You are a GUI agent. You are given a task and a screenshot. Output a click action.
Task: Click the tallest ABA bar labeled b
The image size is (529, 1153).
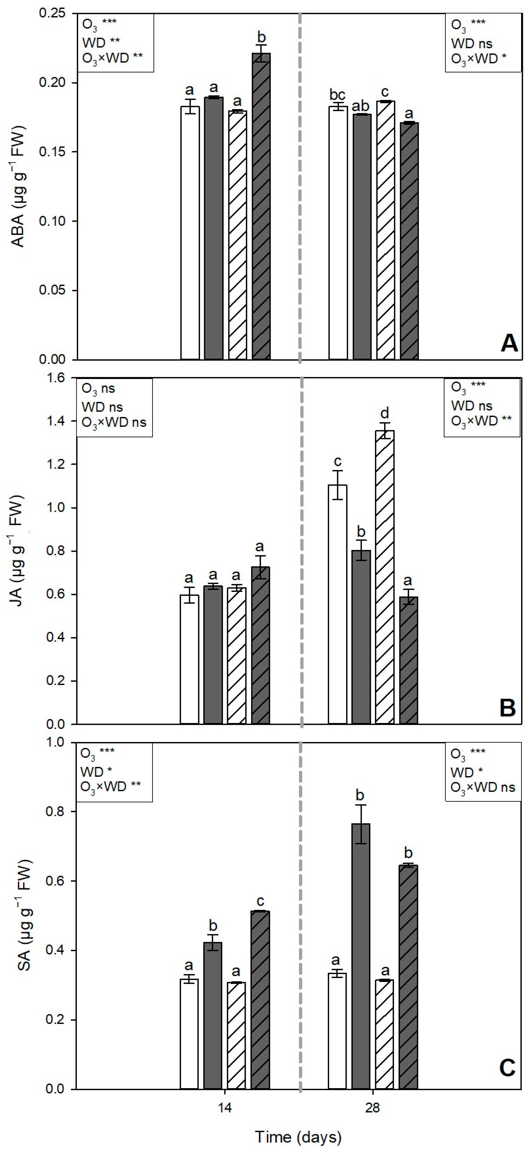tap(261, 206)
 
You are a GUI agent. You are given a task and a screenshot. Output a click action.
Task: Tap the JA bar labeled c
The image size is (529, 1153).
tap(338, 604)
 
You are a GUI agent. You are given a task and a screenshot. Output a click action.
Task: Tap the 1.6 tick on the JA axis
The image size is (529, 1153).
tap(55, 378)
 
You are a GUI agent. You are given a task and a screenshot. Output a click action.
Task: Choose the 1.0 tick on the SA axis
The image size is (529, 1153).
tap(55, 742)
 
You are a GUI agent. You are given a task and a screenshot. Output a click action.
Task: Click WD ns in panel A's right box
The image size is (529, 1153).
tap(471, 43)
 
